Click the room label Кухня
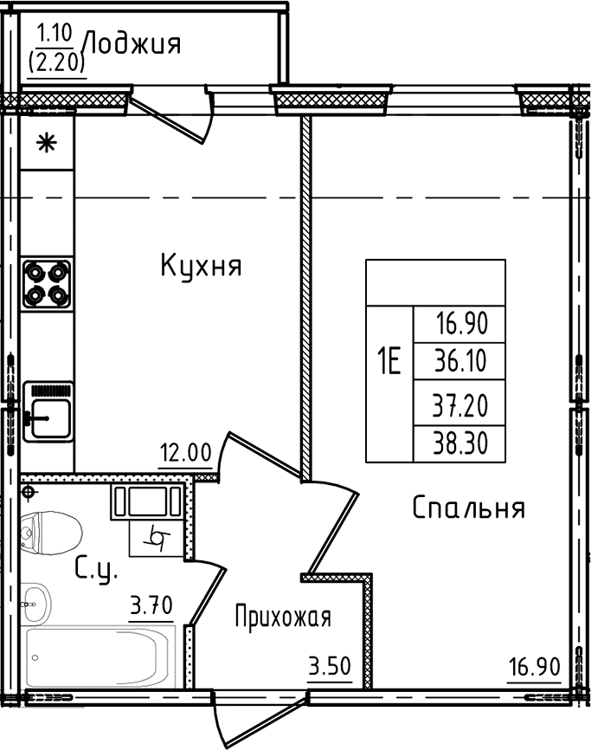(201, 266)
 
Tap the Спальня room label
(468, 508)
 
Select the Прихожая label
(283, 617)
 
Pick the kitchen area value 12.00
(185, 451)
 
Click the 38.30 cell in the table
(459, 443)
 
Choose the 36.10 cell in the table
(459, 360)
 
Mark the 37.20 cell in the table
(459, 403)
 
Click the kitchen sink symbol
(48, 412)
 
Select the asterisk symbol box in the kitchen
(47, 142)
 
